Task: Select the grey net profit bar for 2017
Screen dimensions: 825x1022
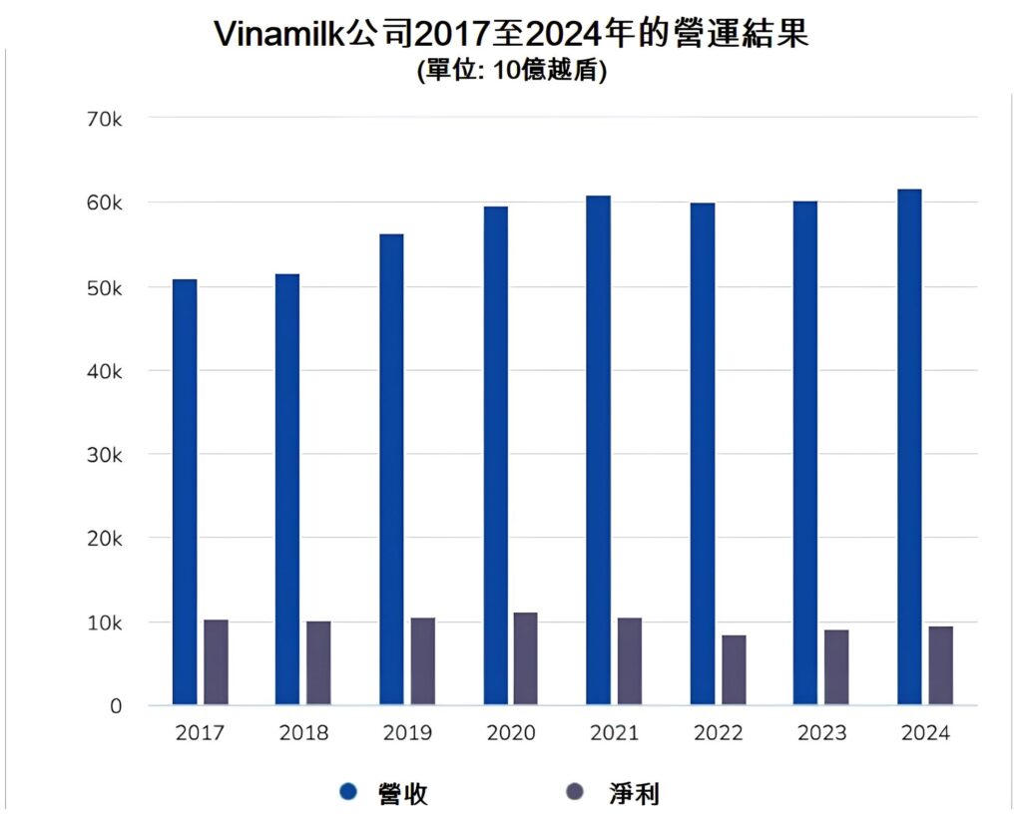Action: tap(216, 662)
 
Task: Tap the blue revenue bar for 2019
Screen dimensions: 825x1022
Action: tap(391, 469)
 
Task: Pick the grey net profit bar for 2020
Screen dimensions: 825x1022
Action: tap(526, 658)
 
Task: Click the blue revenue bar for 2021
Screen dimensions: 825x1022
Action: tap(599, 450)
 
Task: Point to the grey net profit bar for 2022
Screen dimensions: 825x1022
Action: tap(734, 670)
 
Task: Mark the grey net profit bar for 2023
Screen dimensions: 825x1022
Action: tap(836, 667)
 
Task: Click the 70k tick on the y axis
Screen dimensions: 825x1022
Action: tap(104, 119)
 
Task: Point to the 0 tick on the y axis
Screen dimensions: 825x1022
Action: tap(116, 706)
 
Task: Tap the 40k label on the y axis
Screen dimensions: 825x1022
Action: tap(104, 371)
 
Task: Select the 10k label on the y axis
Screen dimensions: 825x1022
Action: tap(104, 622)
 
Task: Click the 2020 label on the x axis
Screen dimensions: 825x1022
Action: tap(511, 733)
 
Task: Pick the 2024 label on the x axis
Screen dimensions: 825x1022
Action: tap(925, 733)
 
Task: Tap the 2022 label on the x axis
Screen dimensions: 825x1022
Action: tap(719, 733)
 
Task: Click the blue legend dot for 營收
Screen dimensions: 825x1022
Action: tap(348, 792)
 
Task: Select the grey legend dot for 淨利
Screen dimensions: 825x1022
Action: tap(574, 792)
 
